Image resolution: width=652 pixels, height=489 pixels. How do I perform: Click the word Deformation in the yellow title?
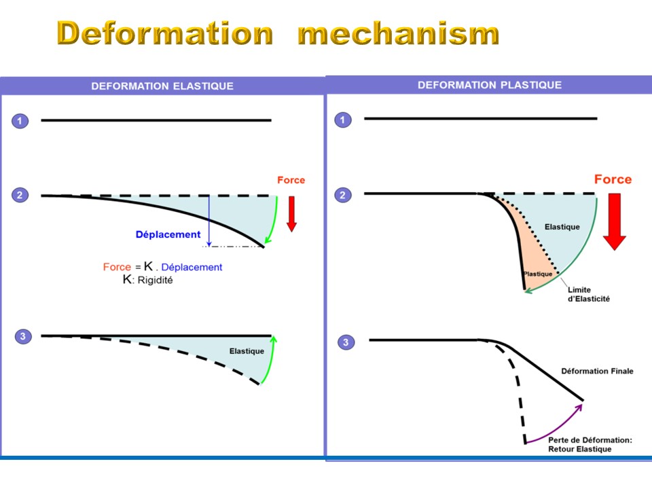click(x=164, y=33)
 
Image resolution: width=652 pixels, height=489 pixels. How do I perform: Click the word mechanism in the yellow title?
click(x=399, y=33)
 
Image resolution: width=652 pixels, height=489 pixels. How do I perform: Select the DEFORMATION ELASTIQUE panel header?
click(x=162, y=86)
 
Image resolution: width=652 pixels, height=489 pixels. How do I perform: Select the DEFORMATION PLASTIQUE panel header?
click(x=490, y=85)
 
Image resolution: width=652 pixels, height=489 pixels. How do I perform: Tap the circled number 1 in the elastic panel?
click(x=20, y=121)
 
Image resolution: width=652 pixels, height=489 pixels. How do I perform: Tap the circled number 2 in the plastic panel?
click(x=342, y=195)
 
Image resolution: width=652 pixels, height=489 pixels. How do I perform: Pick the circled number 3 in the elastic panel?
click(x=23, y=336)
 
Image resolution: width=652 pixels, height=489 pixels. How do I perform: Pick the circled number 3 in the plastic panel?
click(x=346, y=342)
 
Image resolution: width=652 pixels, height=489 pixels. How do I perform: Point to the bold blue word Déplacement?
click(x=168, y=234)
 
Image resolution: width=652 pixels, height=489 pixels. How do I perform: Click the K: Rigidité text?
click(x=147, y=279)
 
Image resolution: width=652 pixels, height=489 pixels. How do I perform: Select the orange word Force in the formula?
click(x=117, y=267)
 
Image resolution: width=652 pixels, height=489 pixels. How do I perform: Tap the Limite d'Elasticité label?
click(x=588, y=294)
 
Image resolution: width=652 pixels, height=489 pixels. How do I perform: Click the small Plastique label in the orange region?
click(x=538, y=274)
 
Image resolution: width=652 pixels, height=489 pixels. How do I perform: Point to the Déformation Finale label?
click(x=597, y=371)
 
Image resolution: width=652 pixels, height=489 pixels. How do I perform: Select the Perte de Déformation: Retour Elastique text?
click(x=590, y=444)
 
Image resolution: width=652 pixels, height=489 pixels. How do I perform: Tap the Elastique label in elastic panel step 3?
click(x=247, y=351)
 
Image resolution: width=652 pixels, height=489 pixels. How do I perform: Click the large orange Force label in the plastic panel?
click(x=613, y=179)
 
